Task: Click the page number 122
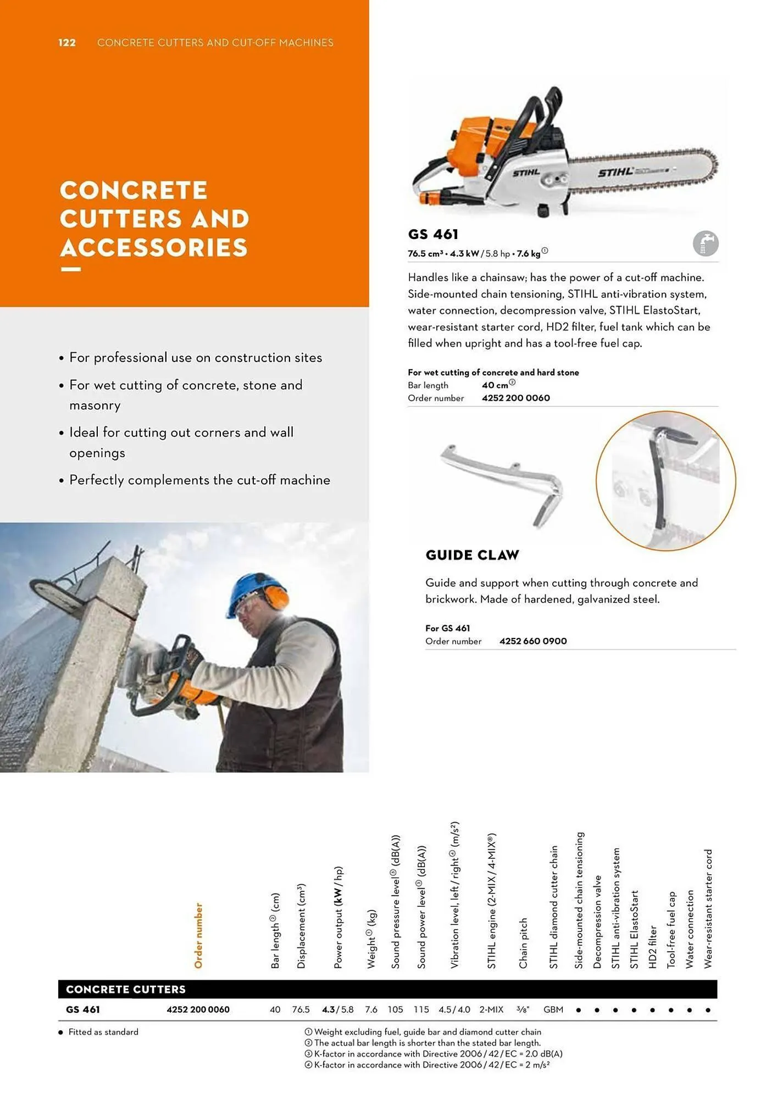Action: (x=67, y=43)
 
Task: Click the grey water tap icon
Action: (x=705, y=243)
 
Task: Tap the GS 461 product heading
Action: (x=433, y=235)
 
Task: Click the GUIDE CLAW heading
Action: (x=472, y=555)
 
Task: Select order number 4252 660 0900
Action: (x=532, y=641)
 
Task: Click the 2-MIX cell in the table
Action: (x=491, y=1009)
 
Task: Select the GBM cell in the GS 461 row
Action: (x=553, y=1009)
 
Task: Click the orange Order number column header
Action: (x=198, y=935)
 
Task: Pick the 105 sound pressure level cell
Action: (x=395, y=1009)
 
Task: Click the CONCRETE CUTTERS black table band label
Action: (x=126, y=989)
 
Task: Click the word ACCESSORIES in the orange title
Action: (x=154, y=247)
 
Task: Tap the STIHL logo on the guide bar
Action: (x=615, y=173)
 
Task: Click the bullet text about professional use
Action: (x=195, y=358)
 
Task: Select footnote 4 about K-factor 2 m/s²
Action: (x=431, y=1064)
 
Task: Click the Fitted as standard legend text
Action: (x=103, y=1032)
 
